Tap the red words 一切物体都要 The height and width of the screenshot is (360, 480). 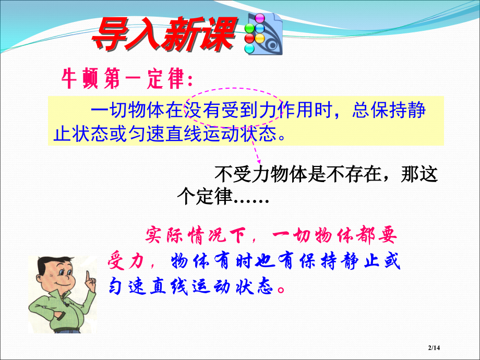[x=334, y=236]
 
